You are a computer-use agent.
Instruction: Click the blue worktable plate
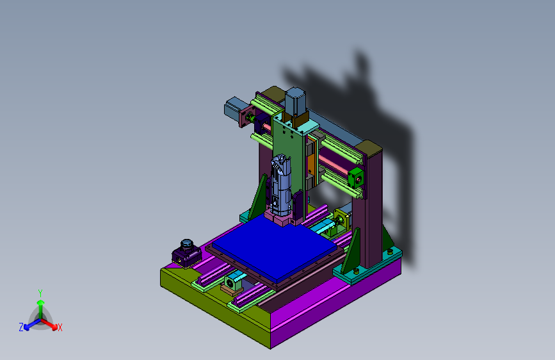coord(275,247)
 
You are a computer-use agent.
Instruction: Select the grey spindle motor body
coord(281,186)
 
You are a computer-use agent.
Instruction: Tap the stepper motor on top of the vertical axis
coord(295,101)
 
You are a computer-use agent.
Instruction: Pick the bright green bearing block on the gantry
coord(356,178)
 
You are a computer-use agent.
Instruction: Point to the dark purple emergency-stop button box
coord(186,254)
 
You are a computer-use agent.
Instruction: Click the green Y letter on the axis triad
coord(40,293)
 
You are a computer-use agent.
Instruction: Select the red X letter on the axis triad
coord(60,327)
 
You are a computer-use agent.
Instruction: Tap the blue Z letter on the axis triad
coord(21,327)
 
